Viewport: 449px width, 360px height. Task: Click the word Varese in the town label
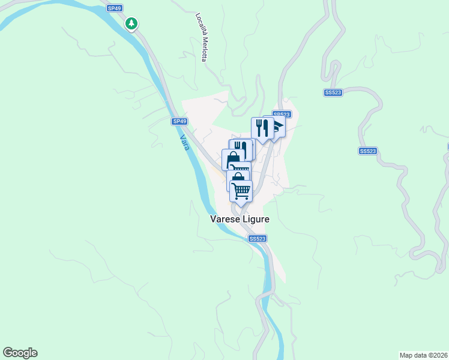pyautogui.click(x=224, y=220)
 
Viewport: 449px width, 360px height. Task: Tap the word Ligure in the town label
pyautogui.click(x=255, y=220)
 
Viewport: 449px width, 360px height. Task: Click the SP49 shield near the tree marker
pyautogui.click(x=114, y=8)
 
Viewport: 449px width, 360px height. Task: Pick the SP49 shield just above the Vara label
pyautogui.click(x=179, y=121)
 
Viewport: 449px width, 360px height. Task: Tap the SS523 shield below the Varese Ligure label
pyautogui.click(x=257, y=239)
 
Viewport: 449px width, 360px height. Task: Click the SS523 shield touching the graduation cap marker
pyautogui.click(x=282, y=114)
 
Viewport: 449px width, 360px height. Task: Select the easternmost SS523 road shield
pyautogui.click(x=368, y=151)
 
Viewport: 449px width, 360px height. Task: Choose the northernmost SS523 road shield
pyautogui.click(x=333, y=92)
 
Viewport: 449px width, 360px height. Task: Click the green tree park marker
pyautogui.click(x=131, y=24)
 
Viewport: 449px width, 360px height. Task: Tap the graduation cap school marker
pyautogui.click(x=277, y=127)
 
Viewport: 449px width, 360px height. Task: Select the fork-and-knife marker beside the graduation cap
pyautogui.click(x=262, y=128)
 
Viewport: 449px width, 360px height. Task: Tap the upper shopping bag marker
pyautogui.click(x=232, y=158)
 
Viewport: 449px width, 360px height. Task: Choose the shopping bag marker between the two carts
pyautogui.click(x=238, y=178)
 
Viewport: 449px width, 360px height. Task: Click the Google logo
pyautogui.click(x=20, y=353)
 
